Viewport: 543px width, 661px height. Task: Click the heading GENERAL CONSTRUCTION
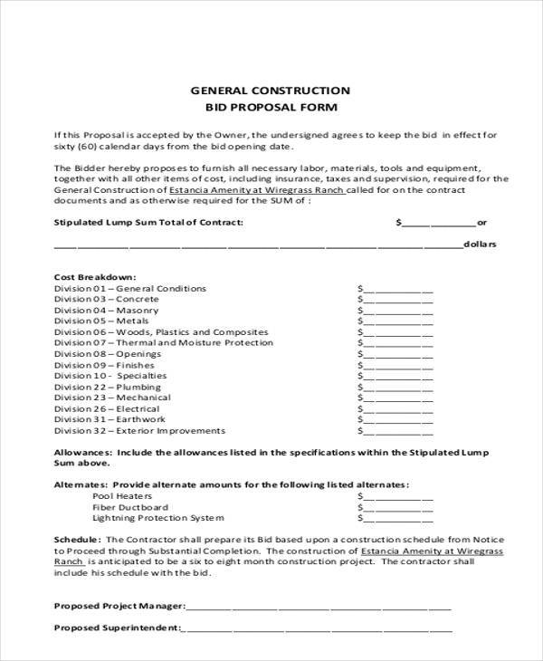click(x=269, y=91)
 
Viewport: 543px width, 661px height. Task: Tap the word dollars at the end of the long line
click(x=479, y=244)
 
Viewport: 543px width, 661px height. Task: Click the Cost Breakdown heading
click(x=95, y=276)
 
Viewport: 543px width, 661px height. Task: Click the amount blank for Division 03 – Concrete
click(x=397, y=300)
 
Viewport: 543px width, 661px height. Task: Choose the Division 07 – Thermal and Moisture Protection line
click(x=163, y=343)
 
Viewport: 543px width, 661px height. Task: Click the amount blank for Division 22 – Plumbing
click(x=397, y=387)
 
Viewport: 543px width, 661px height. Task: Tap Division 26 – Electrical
click(x=108, y=408)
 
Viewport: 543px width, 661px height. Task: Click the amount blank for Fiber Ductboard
click(x=397, y=508)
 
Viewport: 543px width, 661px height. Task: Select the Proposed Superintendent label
click(x=116, y=627)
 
